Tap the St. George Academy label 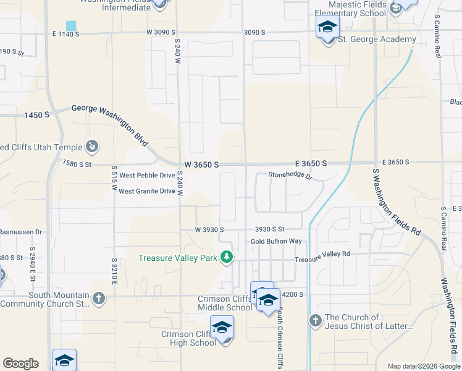click(x=377, y=40)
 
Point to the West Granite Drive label click(x=147, y=191)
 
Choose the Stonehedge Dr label click(x=291, y=176)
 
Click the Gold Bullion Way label click(x=276, y=241)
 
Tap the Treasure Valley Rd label click(x=322, y=254)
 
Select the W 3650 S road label click(x=201, y=165)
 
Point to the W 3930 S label click(x=209, y=229)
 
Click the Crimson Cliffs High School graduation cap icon click(x=222, y=327)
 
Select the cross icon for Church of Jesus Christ click(x=316, y=320)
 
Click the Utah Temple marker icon click(x=92, y=147)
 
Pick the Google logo click(x=20, y=364)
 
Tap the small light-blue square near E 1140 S click(x=71, y=26)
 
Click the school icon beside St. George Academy click(x=327, y=27)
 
